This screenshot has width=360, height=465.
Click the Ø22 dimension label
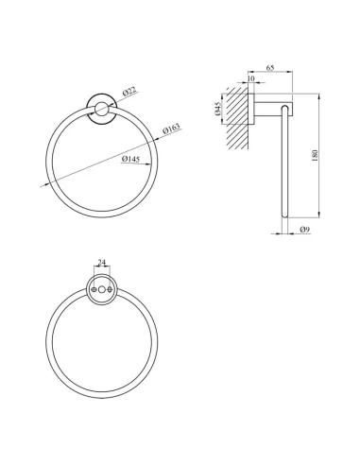pyautogui.click(x=129, y=92)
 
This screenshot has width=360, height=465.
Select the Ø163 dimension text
pyautogui.click(x=171, y=129)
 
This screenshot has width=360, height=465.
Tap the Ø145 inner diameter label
pyautogui.click(x=130, y=160)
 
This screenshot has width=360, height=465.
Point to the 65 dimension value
pyautogui.click(x=270, y=68)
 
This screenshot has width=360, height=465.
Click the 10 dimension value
pyautogui.click(x=251, y=78)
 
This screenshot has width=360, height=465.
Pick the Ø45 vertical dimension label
pyautogui.click(x=218, y=109)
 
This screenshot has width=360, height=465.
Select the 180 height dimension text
pyautogui.click(x=316, y=156)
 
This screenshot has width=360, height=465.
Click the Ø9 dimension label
pyautogui.click(x=305, y=230)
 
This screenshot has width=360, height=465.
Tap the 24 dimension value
pyautogui.click(x=102, y=262)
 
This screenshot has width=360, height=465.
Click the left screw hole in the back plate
pyautogui.click(x=94, y=289)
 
